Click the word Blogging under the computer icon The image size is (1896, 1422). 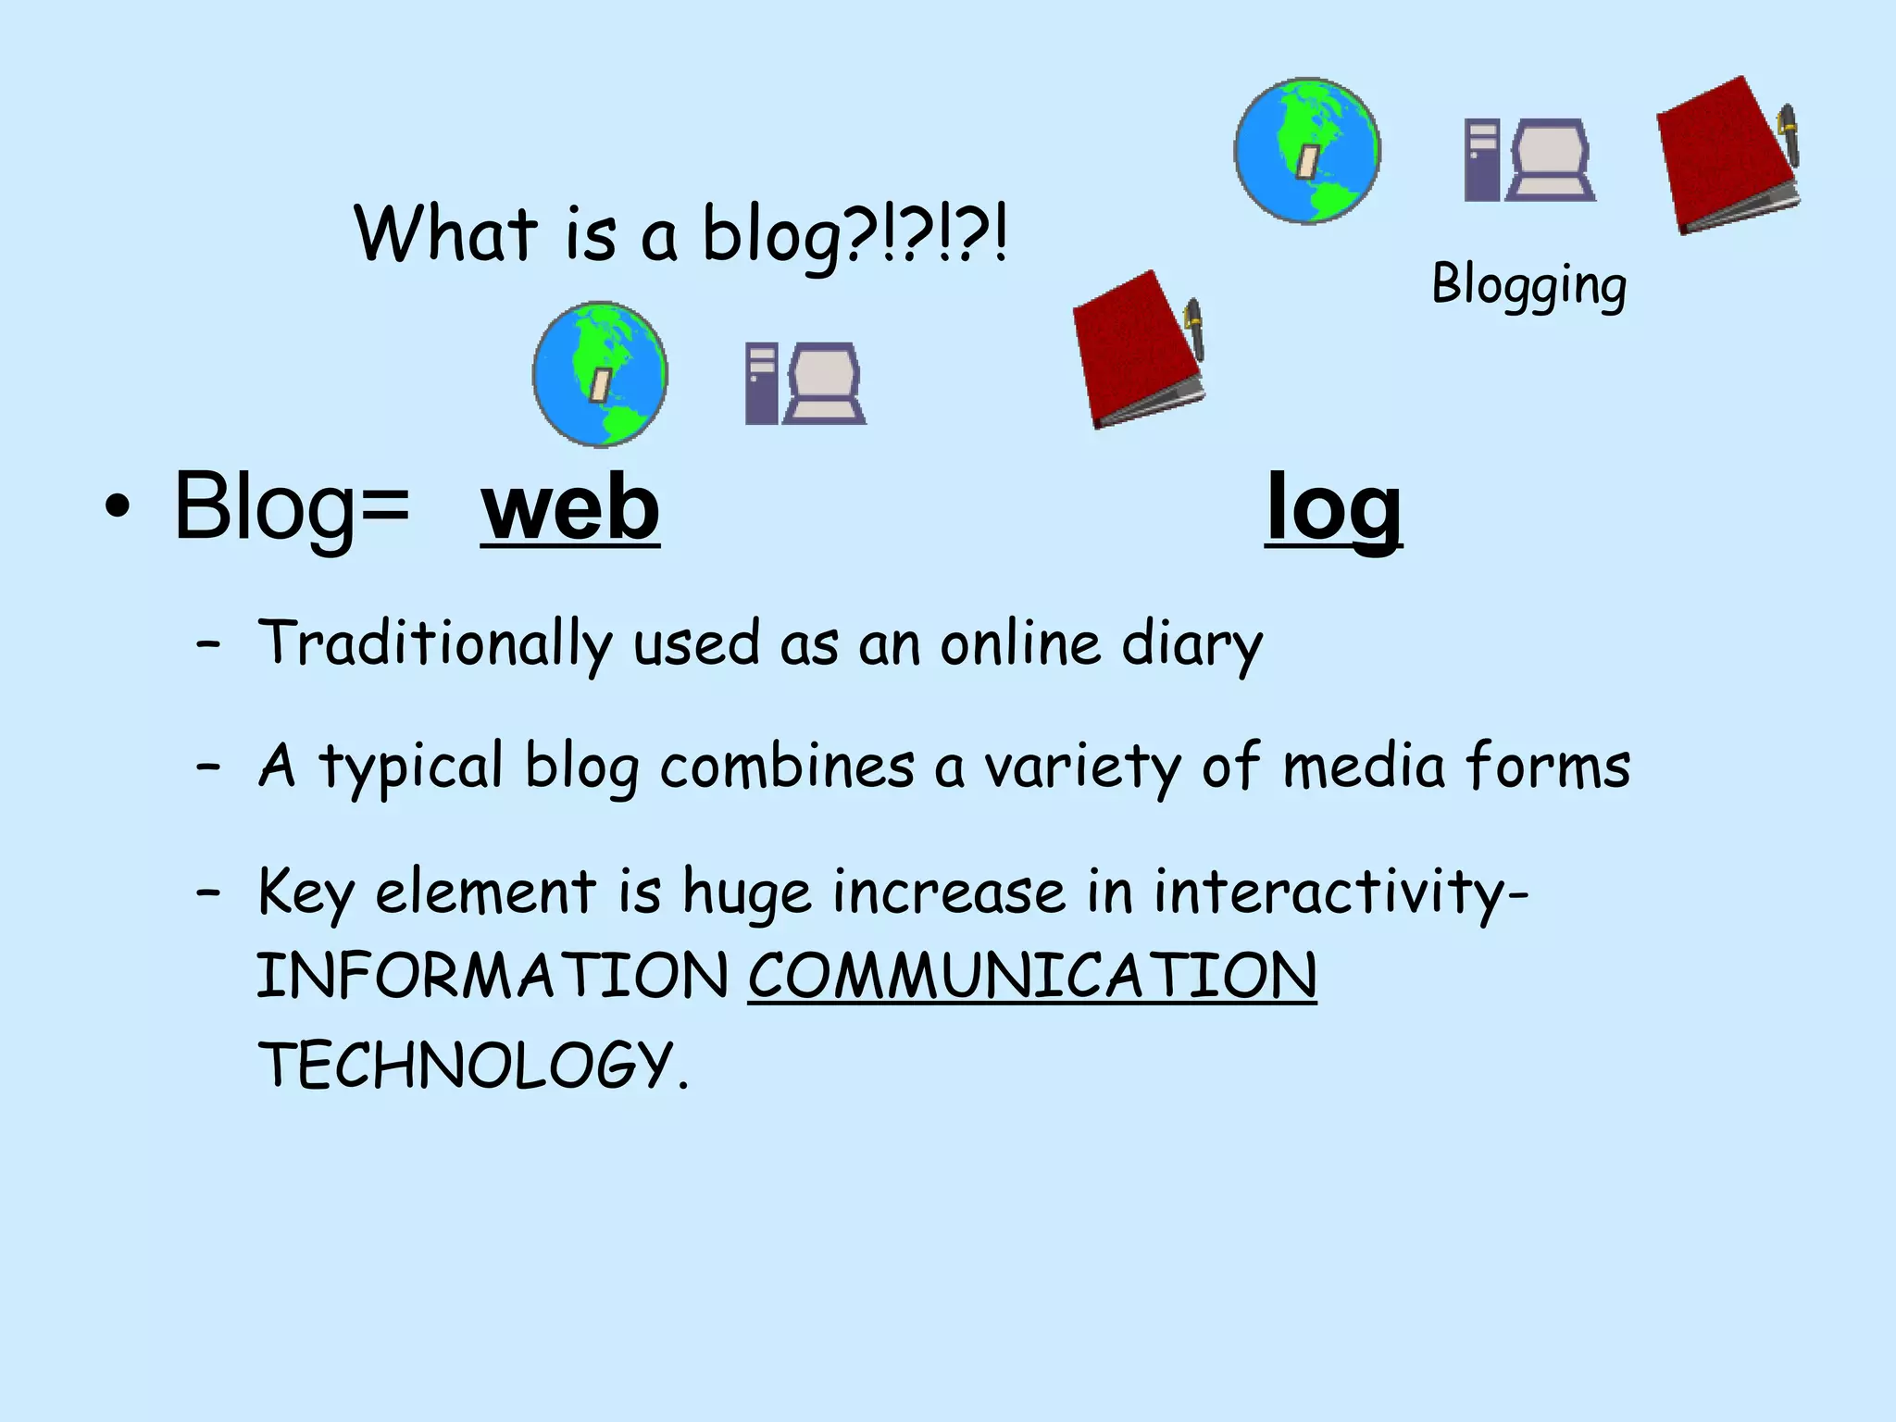click(x=1528, y=284)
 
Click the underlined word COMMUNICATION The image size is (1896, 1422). click(x=1031, y=976)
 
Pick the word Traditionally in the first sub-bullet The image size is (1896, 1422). click(x=435, y=643)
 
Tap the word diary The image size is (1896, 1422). click(x=1191, y=643)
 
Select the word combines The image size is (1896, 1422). click(x=787, y=767)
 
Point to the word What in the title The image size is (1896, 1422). click(x=445, y=233)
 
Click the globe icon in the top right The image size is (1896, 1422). click(x=1307, y=150)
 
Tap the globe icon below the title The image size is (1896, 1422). click(x=600, y=373)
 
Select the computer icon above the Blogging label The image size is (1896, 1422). click(x=1529, y=159)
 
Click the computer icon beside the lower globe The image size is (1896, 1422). click(x=805, y=383)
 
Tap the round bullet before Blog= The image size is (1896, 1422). click(x=118, y=507)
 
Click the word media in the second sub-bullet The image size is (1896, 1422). click(x=1364, y=767)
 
